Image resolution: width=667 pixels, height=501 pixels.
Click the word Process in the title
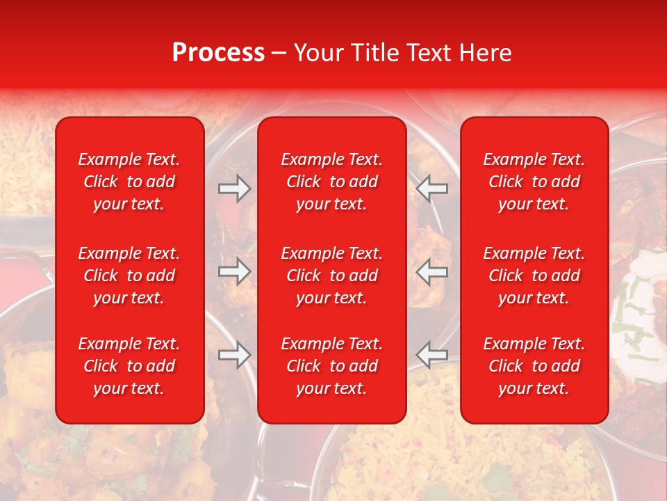(218, 53)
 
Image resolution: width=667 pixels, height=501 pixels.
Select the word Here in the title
(485, 53)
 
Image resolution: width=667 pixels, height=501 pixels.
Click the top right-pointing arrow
(234, 188)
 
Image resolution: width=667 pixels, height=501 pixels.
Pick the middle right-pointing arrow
(234, 271)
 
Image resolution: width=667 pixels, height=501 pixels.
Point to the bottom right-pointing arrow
(234, 355)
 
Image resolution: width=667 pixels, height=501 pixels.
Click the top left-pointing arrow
(432, 188)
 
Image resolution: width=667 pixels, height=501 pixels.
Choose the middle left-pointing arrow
(432, 271)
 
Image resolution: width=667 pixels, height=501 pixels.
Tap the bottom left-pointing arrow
(432, 355)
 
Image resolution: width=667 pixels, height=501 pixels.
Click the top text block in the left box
(129, 182)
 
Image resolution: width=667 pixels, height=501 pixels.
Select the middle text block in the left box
(129, 276)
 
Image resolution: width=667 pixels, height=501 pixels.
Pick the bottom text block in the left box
(129, 366)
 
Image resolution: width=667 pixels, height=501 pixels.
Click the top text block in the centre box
(332, 182)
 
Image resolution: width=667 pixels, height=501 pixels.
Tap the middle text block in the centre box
(332, 276)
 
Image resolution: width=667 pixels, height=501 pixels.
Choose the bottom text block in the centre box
(332, 366)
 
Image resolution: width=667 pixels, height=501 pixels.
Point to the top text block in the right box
(534, 182)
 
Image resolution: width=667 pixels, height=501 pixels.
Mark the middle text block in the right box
(534, 276)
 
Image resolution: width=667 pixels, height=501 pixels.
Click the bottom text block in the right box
(534, 366)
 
